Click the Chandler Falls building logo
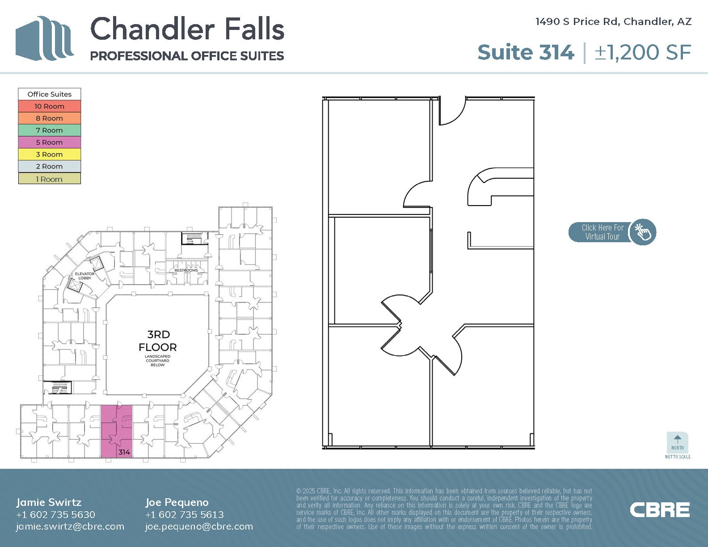44,38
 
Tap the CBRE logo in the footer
660,510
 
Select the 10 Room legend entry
49,106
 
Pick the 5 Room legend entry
49,143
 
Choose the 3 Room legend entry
49,155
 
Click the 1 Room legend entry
49,179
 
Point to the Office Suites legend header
49,94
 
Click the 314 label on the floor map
124,452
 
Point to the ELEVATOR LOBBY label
84,276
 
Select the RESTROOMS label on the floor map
186,270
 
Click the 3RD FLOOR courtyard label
158,341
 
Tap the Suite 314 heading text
525,52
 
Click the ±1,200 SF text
643,52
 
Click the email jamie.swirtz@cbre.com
70,526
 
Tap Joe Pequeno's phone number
185,514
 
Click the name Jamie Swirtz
49,502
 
